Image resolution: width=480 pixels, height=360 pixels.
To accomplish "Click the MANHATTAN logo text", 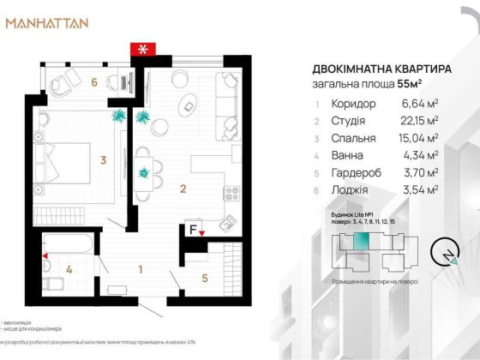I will click(47, 23).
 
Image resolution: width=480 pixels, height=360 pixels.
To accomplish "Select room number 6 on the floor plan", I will click(96, 82).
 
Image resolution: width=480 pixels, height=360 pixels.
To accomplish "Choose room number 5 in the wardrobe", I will click(205, 277).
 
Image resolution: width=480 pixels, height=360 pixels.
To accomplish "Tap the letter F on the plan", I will click(193, 229).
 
